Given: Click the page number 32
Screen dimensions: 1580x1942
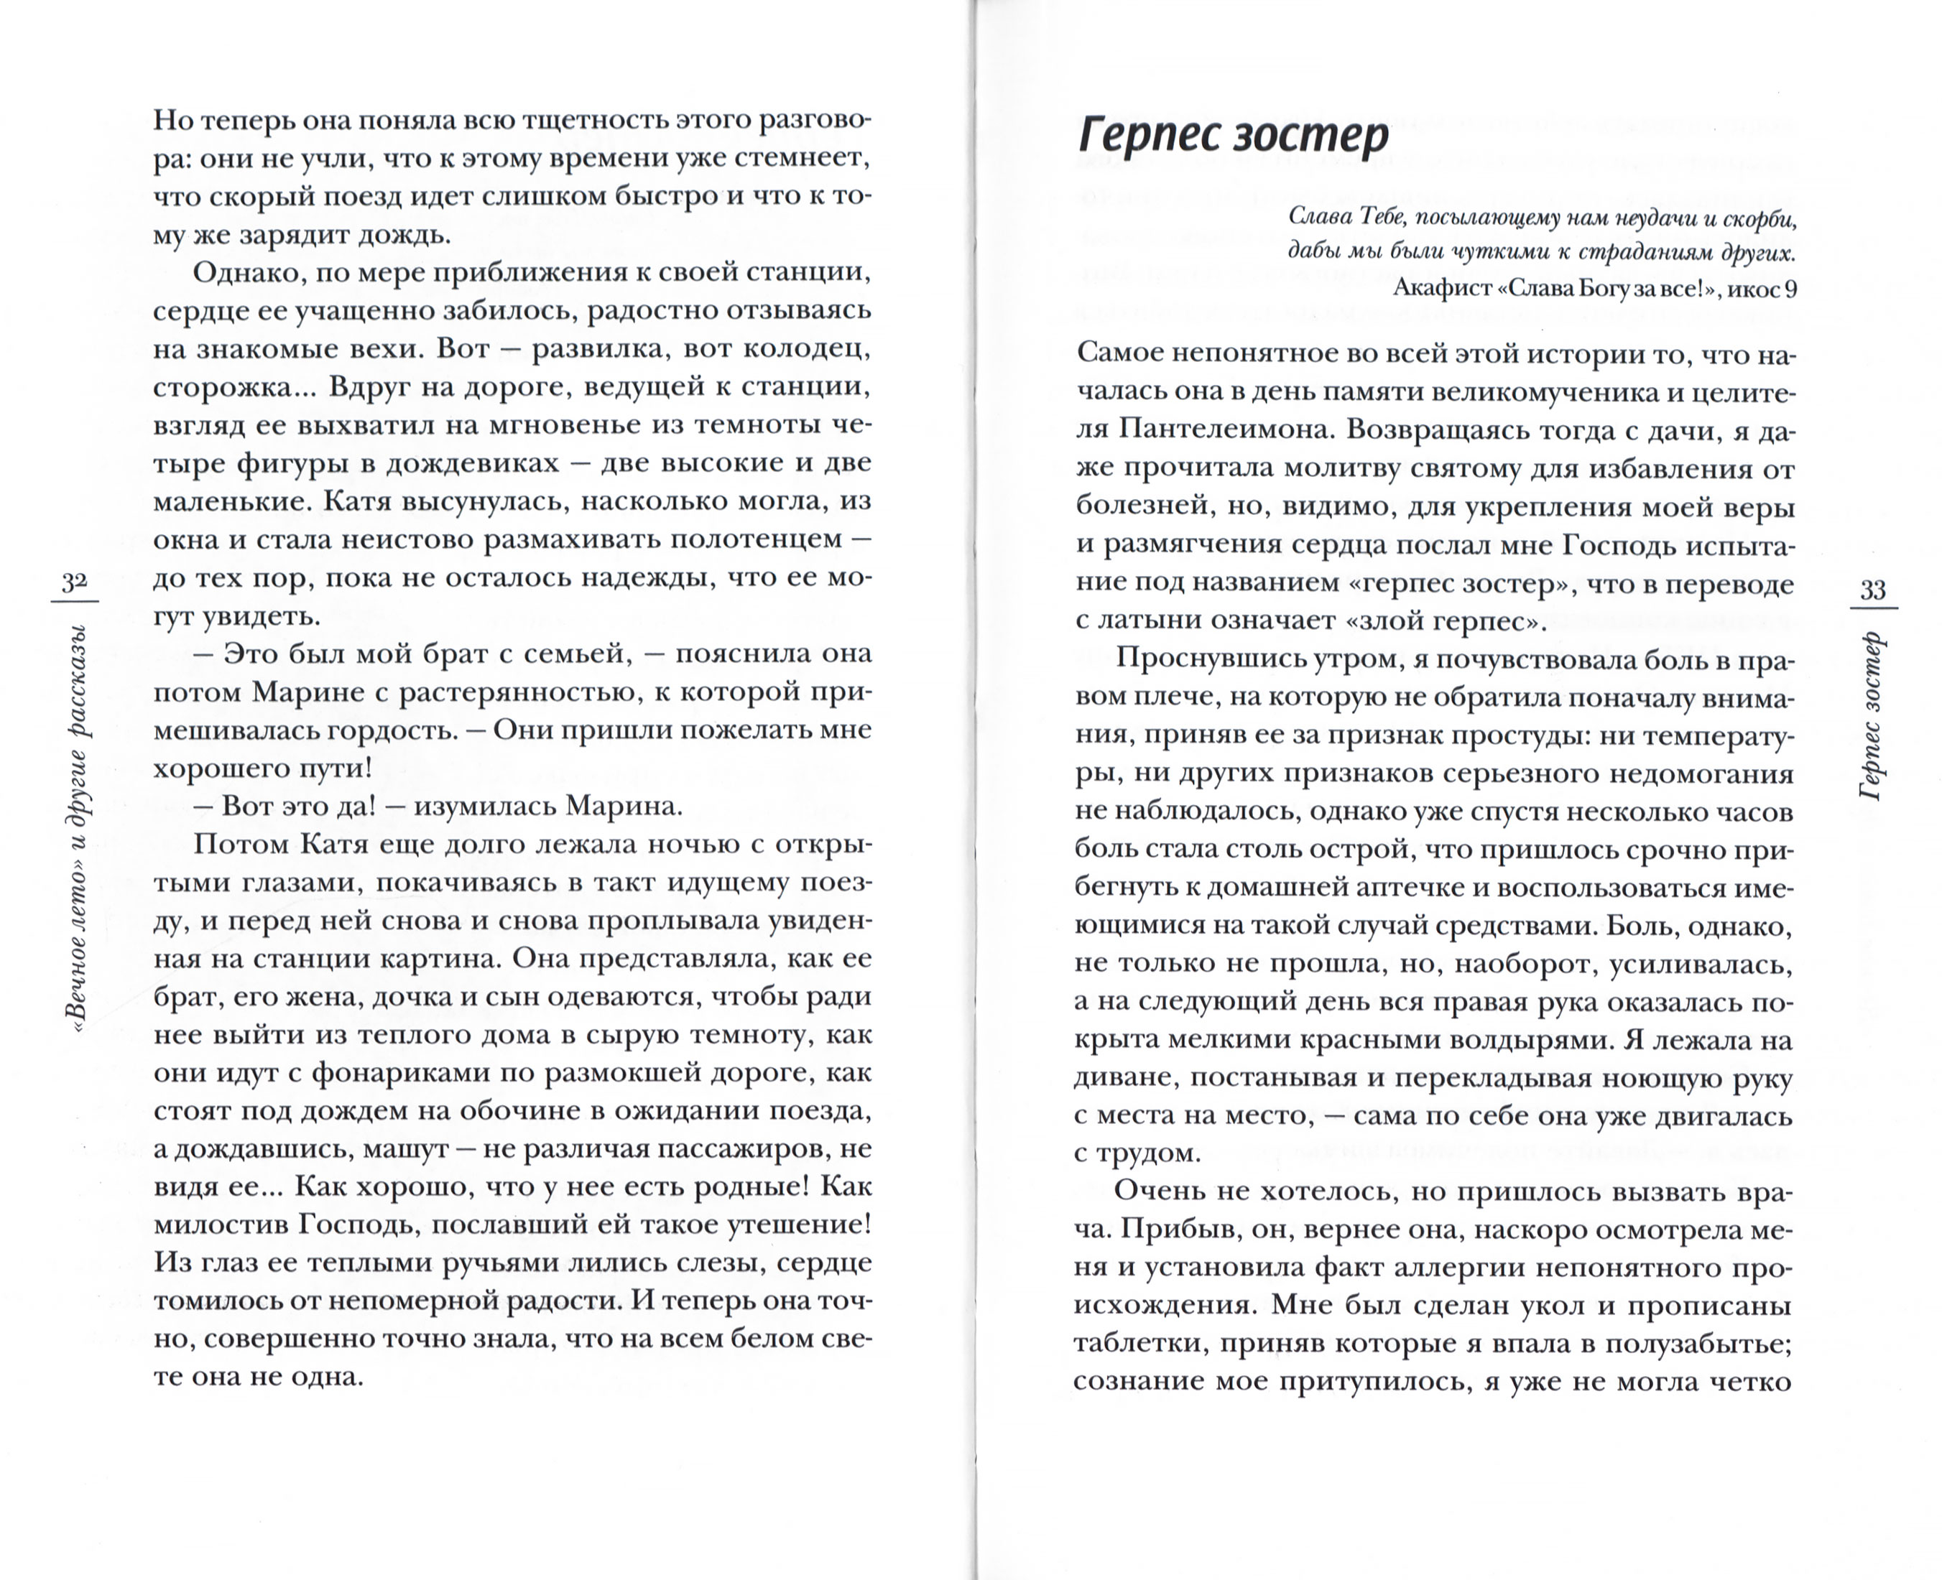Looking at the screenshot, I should click(x=73, y=582).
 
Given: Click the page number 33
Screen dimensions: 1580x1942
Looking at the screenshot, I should click(x=1873, y=590).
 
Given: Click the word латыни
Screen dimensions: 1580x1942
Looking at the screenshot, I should click(x=1154, y=623).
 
